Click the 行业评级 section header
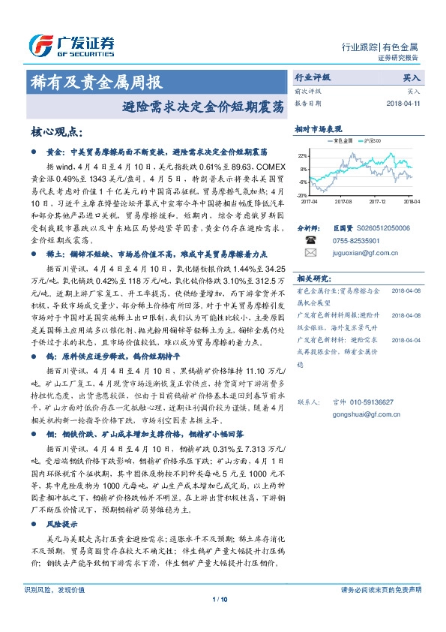312,77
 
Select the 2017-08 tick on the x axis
343,201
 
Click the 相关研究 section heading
313,278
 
